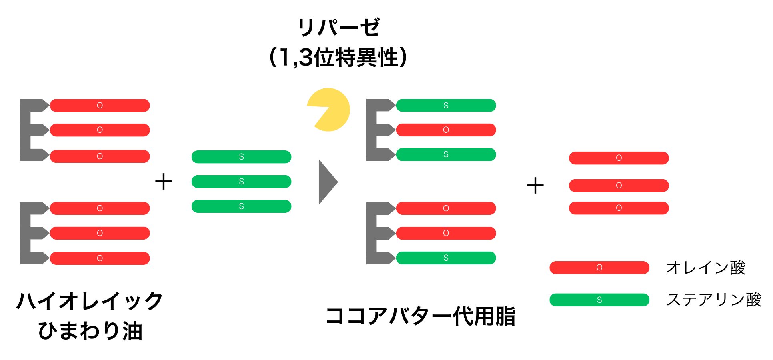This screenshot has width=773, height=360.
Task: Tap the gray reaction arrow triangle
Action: (326, 182)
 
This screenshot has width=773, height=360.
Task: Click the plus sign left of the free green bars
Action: (164, 182)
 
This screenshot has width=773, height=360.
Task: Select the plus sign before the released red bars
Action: (535, 186)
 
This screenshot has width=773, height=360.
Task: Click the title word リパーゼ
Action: (338, 28)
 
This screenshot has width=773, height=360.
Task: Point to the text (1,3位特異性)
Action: (338, 57)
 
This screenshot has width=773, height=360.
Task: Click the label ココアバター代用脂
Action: (421, 316)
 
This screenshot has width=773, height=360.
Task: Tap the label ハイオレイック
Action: (90, 301)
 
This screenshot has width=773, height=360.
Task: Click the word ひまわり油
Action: (90, 331)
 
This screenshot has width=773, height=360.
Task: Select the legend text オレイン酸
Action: (705, 268)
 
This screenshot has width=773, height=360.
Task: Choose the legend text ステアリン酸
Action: (713, 300)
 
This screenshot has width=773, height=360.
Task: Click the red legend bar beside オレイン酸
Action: (599, 268)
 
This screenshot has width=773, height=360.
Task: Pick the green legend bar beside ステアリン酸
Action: (599, 300)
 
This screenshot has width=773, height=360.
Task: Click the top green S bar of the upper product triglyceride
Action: (446, 106)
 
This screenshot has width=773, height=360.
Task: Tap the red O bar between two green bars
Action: (446, 130)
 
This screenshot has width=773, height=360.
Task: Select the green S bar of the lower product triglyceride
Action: (446, 258)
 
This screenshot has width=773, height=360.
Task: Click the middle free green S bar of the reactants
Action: (241, 182)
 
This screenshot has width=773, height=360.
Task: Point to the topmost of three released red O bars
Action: (619, 158)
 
